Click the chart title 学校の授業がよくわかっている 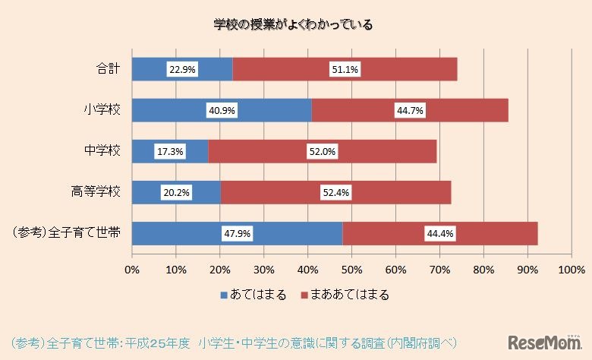click(293, 24)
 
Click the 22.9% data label click(182, 69)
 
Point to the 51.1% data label click(345, 69)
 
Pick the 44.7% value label click(410, 110)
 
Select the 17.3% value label click(169, 151)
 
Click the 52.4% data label click(335, 193)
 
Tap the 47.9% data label click(237, 234)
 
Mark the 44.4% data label click(440, 234)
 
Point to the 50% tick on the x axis click(351, 270)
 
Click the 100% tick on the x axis click(570, 270)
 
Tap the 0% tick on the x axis click(132, 270)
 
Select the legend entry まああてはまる click(345, 295)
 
